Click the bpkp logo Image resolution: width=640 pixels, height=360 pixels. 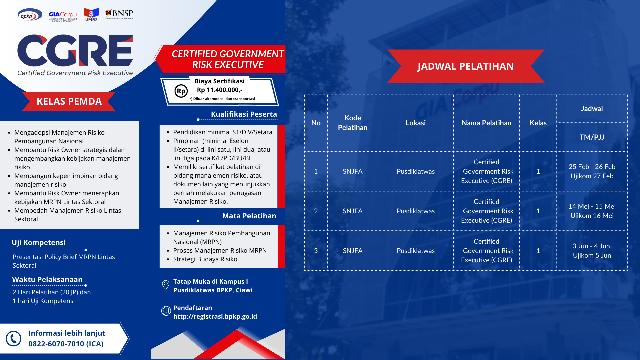(30, 15)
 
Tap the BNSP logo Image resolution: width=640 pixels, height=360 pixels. (119, 14)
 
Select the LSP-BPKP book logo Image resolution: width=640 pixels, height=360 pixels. (91, 14)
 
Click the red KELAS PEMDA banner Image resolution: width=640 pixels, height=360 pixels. (69, 101)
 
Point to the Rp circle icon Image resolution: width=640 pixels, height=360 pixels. (181, 91)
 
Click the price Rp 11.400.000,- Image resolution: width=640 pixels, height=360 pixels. (220, 90)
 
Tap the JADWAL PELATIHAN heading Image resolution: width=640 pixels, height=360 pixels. (466, 66)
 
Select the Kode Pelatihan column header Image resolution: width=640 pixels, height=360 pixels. (353, 123)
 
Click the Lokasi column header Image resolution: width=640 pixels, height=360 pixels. (416, 123)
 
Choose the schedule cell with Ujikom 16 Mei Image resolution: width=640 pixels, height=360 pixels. (592, 211)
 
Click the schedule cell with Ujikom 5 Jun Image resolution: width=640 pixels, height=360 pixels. (592, 251)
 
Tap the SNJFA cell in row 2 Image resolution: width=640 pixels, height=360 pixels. (353, 211)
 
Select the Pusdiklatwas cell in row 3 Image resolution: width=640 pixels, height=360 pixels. (416, 251)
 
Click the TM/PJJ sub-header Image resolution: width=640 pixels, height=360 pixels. (592, 137)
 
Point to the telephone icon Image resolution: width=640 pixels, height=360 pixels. (14, 339)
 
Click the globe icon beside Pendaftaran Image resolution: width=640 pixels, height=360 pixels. (166, 311)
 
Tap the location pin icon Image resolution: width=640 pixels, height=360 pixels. (166, 285)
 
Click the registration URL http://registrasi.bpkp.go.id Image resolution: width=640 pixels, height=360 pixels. (215, 316)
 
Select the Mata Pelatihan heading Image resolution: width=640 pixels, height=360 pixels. (249, 216)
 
